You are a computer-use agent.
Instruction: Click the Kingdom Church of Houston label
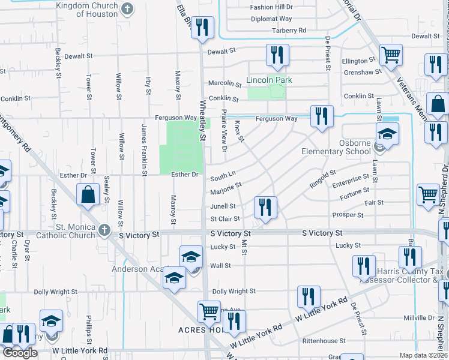87,9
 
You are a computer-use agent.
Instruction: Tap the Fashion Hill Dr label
271,7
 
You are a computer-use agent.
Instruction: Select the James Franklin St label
144,150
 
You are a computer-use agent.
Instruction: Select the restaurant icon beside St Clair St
265,208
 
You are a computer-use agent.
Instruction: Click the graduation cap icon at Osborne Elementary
387,134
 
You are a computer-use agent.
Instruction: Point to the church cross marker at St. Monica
104,230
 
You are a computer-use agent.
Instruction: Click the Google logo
20,353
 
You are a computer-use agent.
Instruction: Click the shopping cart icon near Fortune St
428,194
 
